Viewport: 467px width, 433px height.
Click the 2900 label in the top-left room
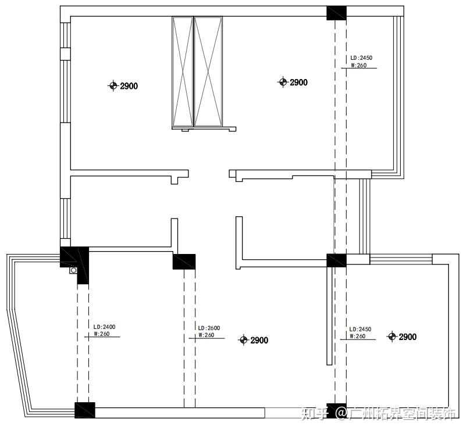point(129,86)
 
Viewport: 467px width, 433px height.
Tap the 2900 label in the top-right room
point(299,83)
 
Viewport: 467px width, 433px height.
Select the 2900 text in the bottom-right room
point(408,337)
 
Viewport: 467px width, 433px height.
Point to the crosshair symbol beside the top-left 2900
point(113,85)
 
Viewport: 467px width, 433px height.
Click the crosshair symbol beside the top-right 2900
point(283,81)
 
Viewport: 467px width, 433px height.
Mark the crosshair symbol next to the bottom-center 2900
point(244,339)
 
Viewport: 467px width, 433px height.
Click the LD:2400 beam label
point(104,327)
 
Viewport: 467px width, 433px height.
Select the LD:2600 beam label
point(209,328)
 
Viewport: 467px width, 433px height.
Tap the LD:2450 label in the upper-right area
point(361,58)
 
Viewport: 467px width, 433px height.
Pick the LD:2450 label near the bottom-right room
point(360,329)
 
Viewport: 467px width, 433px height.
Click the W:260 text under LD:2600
point(206,335)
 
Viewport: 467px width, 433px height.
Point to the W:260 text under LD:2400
point(102,334)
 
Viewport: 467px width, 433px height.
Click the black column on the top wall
point(337,13)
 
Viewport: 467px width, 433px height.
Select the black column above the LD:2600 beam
point(184,262)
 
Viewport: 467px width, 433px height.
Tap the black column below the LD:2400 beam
point(84,410)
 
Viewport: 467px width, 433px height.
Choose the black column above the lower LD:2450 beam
point(337,260)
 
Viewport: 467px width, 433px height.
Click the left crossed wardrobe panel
point(183,71)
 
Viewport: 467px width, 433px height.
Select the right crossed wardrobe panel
point(208,71)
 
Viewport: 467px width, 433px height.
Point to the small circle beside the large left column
point(73,270)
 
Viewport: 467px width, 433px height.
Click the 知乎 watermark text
point(314,413)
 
